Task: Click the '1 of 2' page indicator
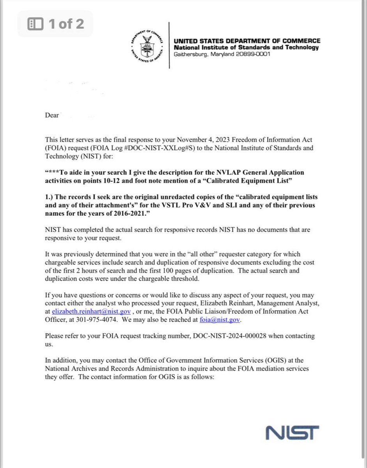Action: click(66, 24)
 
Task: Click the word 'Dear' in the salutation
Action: click(52, 115)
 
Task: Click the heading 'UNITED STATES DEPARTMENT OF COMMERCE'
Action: click(247, 41)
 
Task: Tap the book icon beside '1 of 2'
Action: click(35, 24)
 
